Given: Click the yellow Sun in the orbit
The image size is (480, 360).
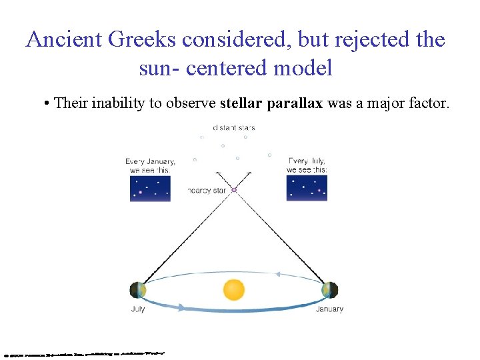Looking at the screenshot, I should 233,289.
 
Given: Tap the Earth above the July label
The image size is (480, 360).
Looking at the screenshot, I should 138,290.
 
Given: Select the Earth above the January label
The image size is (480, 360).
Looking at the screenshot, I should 329,290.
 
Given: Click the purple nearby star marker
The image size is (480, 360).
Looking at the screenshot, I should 234,190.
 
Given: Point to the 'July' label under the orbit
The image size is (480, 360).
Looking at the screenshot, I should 138,309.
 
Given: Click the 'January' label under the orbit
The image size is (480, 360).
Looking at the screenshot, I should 329,309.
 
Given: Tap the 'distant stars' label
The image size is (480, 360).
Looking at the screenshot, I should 233,127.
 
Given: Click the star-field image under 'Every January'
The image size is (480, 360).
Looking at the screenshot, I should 150,188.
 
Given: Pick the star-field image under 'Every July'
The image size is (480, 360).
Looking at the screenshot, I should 307,188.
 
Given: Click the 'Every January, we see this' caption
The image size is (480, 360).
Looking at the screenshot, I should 150,165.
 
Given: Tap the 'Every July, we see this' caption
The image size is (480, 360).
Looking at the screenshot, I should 307,165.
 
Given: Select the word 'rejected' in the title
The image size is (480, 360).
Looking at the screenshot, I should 374,39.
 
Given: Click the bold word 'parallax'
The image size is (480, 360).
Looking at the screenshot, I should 295,103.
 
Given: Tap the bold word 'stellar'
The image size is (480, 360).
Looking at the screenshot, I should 241,103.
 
